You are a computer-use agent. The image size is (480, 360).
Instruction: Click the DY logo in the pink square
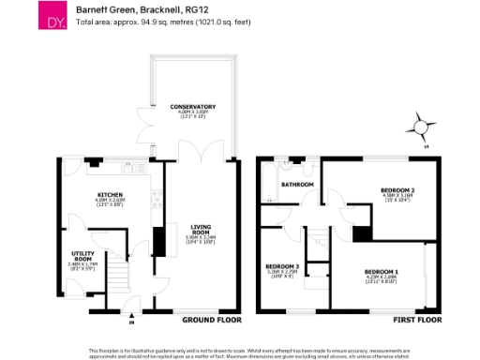pyautogui.click(x=48, y=17)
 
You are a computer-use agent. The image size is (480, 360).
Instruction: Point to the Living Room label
pyautogui.click(x=202, y=229)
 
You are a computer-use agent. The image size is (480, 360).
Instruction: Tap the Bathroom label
pyautogui.click(x=299, y=185)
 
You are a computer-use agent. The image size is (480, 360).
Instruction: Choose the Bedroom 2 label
pyautogui.click(x=397, y=190)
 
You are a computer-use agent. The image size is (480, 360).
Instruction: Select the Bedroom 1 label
pyautogui.click(x=381, y=271)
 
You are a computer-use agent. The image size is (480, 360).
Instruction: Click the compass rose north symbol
pyautogui.click(x=421, y=127)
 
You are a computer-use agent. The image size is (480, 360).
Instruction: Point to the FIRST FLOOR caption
pyautogui.click(x=415, y=320)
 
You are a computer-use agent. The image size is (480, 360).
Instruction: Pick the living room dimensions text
pyautogui.click(x=202, y=238)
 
